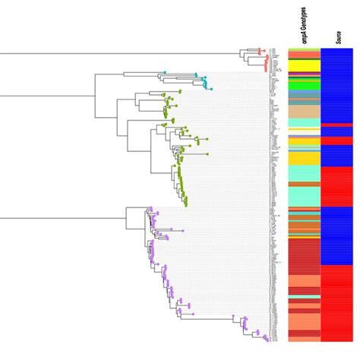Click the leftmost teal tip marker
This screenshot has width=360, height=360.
[x=165, y=73]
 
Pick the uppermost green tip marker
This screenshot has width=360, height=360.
[x=179, y=90]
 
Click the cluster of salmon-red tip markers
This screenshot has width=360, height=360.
[x=261, y=52]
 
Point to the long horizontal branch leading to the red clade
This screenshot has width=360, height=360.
[x=114, y=54]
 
